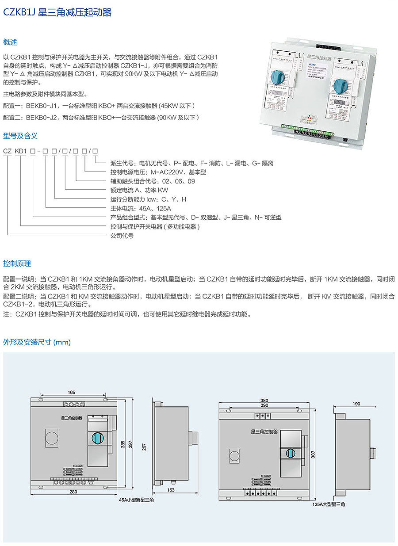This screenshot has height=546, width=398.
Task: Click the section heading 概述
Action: coord(10,42)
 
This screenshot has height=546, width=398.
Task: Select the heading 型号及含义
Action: coord(20,135)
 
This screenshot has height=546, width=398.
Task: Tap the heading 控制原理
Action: coord(17,263)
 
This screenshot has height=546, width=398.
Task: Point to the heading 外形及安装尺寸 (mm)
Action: coord(37,342)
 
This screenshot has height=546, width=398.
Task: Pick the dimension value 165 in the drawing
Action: coord(72,392)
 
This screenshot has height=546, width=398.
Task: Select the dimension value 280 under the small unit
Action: coord(73,491)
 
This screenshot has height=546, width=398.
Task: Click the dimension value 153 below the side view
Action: coord(170,490)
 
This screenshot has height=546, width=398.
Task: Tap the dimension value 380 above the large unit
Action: coord(265,401)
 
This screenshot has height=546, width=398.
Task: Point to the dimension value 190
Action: coord(356,404)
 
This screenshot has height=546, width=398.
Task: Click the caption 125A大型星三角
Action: coord(329,504)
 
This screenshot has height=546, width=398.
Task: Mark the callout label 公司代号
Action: coord(122,236)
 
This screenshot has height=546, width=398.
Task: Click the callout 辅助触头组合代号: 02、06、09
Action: coord(153,181)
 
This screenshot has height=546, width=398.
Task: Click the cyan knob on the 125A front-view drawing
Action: coord(291,454)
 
